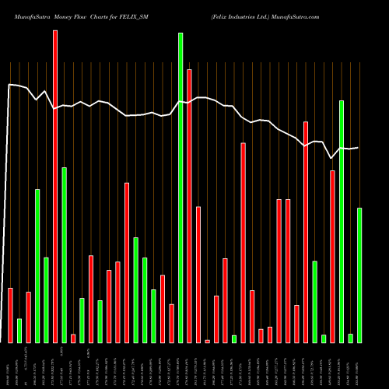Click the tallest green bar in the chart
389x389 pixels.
pos(180,187)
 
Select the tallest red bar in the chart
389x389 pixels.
pos(55,187)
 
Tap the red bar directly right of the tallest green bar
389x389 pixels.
pos(189,205)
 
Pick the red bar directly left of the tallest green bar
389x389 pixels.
pos(171,323)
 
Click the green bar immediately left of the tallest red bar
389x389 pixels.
pos(46,300)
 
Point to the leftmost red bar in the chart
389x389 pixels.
pos(10,315)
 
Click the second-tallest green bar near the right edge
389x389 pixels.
pos(342,221)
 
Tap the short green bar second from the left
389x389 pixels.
pos(19,330)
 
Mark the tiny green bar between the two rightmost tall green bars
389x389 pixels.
pos(351,338)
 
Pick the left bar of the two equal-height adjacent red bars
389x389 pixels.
pos(279,271)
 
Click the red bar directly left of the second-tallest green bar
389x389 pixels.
pos(333,256)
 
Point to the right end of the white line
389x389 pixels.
pos(358,148)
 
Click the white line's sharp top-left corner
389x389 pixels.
pos(9,85)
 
